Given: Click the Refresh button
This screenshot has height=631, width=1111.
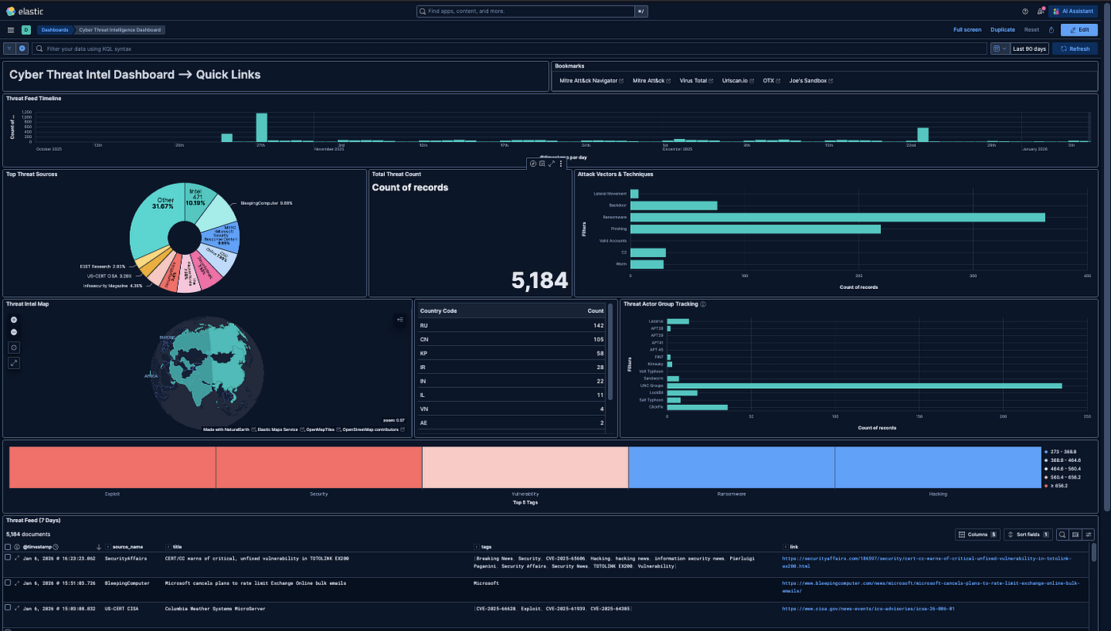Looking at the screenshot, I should tap(1074, 48).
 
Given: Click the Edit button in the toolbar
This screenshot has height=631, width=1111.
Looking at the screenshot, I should tap(1079, 29).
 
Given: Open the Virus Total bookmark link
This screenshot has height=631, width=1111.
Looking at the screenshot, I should tap(696, 81).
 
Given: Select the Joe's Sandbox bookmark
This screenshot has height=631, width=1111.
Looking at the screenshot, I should tap(810, 81).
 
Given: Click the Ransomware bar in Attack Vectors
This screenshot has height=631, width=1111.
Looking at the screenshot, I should tap(837, 217).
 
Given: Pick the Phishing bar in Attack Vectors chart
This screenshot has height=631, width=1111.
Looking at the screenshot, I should tap(755, 229).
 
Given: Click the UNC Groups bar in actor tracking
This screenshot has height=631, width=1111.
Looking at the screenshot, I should tap(864, 386).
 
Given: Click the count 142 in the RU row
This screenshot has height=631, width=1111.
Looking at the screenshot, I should tap(598, 325).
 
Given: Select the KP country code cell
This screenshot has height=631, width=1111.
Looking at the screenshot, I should tap(425, 352).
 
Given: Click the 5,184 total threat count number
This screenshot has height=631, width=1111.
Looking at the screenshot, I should tap(540, 280).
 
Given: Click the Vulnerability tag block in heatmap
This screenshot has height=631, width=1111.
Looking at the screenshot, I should tap(525, 467).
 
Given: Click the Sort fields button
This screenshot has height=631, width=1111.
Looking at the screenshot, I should tap(1028, 534).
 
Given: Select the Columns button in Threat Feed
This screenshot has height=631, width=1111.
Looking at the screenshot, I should tap(977, 534).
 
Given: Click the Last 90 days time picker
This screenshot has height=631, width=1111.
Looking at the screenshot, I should tap(1029, 48).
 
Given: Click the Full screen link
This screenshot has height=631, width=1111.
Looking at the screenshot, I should tap(967, 29).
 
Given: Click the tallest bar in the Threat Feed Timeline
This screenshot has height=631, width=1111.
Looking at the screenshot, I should tap(261, 127).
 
